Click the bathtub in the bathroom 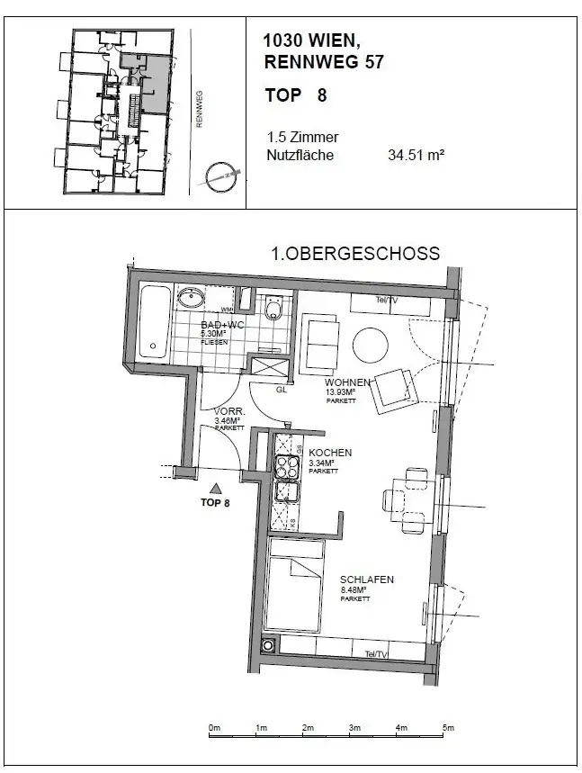pyautogui.click(x=154, y=323)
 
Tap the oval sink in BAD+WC pyautogui.click(x=190, y=299)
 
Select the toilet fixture pyautogui.click(x=274, y=310)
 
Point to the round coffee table pyautogui.click(x=371, y=343)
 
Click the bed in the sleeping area pyautogui.click(x=293, y=586)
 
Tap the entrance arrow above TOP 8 pyautogui.click(x=214, y=487)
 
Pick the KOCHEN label pyautogui.click(x=329, y=453)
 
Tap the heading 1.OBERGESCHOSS pyautogui.click(x=355, y=254)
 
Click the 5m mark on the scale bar pyautogui.click(x=448, y=727)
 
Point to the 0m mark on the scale pyautogui.click(x=214, y=727)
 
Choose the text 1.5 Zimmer pyautogui.click(x=302, y=138)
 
